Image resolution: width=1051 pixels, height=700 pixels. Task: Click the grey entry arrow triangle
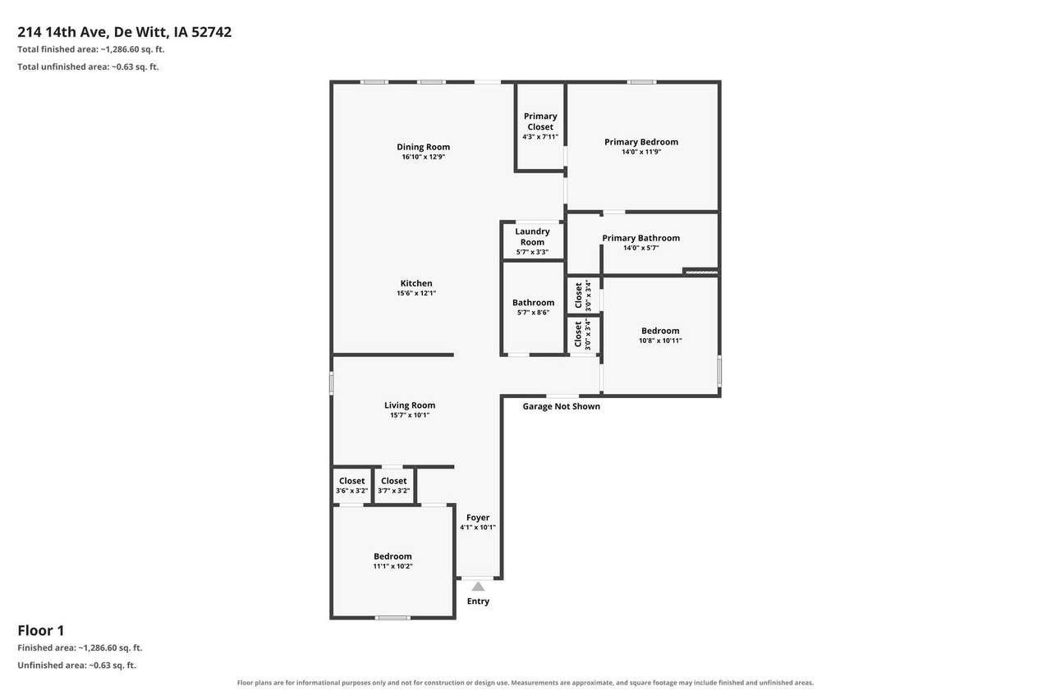point(478,587)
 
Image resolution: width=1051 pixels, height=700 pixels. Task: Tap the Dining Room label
point(423,147)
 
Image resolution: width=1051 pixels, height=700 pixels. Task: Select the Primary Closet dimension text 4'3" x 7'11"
point(540,137)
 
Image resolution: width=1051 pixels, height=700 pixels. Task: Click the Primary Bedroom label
point(641,142)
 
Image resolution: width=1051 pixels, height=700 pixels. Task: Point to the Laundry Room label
point(532,237)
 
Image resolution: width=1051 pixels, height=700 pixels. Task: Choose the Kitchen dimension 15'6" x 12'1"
point(416,293)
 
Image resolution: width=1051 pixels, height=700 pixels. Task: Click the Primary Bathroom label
point(641,238)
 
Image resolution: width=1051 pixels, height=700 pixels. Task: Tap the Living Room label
point(410,405)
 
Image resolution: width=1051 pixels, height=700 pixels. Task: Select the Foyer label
point(478,517)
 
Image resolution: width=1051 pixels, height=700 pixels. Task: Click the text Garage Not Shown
point(561,406)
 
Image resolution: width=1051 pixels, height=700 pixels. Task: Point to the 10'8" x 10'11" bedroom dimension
point(660,341)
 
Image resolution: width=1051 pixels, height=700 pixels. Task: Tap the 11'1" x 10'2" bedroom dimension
point(392,566)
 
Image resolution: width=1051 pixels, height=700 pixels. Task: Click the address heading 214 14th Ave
point(63,32)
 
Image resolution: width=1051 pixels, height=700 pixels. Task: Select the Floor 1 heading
point(41,630)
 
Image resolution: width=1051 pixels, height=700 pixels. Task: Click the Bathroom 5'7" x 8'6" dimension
point(533,313)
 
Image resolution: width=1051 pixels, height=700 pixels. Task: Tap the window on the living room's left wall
point(331,383)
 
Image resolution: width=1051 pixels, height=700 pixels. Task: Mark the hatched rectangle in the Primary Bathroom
point(701,271)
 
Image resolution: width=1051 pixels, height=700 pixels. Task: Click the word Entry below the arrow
point(478,601)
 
